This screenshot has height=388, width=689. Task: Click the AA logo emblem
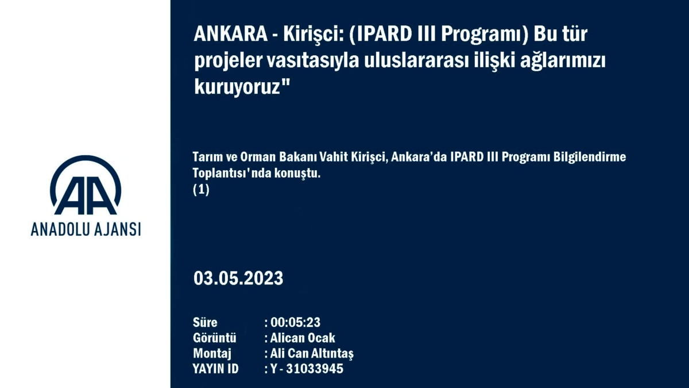click(86, 185)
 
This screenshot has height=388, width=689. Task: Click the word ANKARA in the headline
click(231, 33)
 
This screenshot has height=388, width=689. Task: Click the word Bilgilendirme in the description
click(590, 157)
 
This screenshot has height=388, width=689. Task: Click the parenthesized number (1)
click(201, 190)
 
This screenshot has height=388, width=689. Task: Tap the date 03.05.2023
click(238, 278)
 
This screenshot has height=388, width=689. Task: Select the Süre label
click(205, 322)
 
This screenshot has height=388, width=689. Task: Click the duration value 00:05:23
click(295, 322)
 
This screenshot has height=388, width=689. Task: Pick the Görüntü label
click(214, 338)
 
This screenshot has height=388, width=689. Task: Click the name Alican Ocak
click(303, 338)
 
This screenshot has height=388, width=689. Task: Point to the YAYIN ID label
click(216, 369)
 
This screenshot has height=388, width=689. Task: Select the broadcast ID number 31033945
click(315, 369)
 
